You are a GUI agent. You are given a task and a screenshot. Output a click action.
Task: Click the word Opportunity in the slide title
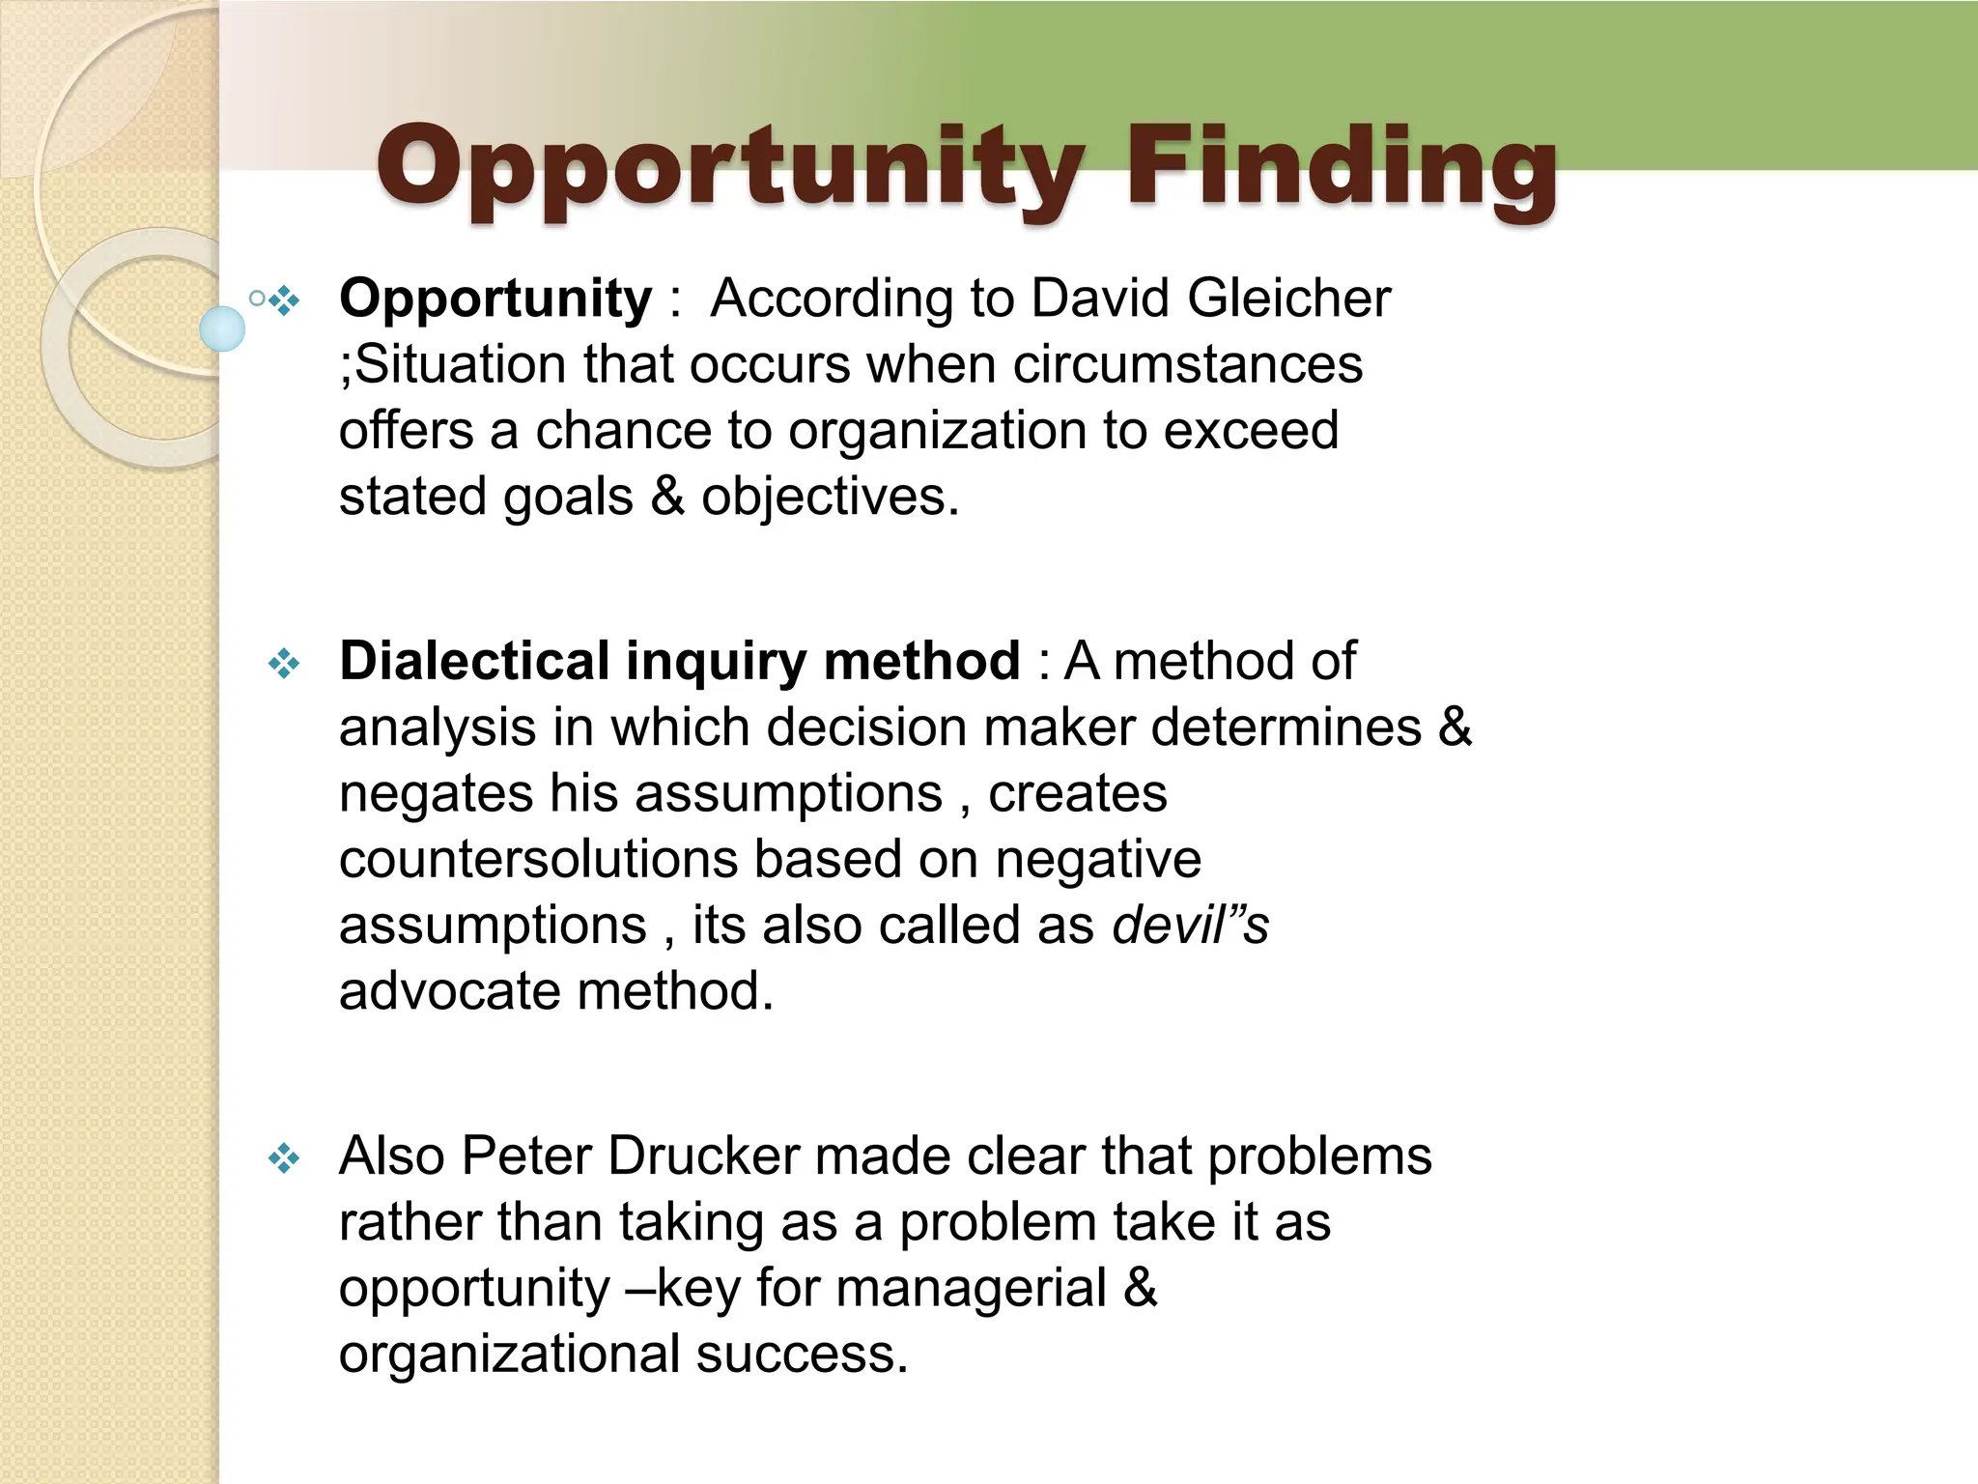pyautogui.click(x=728, y=169)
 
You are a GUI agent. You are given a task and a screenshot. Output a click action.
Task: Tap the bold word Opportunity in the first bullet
pyautogui.click(x=495, y=299)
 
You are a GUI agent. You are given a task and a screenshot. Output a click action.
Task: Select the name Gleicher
pyautogui.click(x=1288, y=298)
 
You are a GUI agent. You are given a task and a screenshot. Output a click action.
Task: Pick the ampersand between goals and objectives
pyautogui.click(x=666, y=497)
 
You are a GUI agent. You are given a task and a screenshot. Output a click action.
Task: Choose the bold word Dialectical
pyautogui.click(x=474, y=661)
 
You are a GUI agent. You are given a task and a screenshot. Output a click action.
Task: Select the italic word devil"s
pyautogui.click(x=1190, y=925)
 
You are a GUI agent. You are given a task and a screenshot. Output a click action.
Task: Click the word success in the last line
pyautogui.click(x=801, y=1354)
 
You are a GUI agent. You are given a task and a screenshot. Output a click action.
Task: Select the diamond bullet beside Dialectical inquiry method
pyautogui.click(x=284, y=664)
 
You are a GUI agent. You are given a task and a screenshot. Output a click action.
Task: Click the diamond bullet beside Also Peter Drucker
pyautogui.click(x=284, y=1157)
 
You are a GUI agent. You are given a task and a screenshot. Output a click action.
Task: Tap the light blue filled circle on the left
pyautogui.click(x=222, y=328)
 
